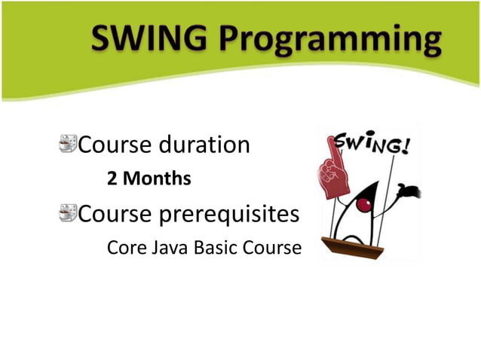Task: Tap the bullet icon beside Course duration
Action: tap(69, 143)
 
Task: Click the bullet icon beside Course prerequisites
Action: tap(69, 215)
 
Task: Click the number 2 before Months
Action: tap(112, 180)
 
